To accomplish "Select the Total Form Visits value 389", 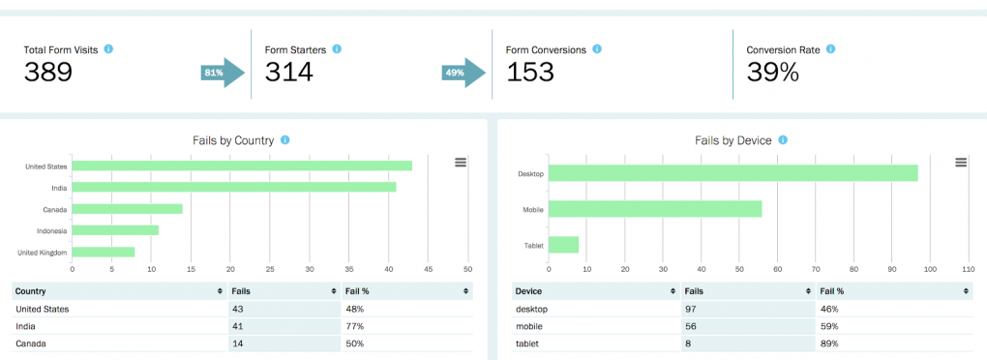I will tap(48, 73).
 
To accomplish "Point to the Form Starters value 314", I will tap(289, 73).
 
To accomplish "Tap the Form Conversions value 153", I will tap(531, 73).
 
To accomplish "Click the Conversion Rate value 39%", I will tap(773, 73).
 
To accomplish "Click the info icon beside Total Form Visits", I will tap(108, 48).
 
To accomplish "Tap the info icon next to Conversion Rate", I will tap(830, 48).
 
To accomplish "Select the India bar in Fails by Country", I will tap(234, 187).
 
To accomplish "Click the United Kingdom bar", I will tap(104, 252).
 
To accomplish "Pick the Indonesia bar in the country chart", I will tap(115, 230).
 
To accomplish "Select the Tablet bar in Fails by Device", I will tap(564, 245).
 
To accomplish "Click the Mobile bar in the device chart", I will tap(655, 209).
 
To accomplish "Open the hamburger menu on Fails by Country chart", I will tap(461, 163).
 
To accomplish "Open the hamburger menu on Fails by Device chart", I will tap(960, 163).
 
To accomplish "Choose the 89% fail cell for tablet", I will tap(829, 343).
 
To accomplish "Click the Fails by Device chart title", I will tap(733, 140).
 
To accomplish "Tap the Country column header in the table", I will tap(31, 290).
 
